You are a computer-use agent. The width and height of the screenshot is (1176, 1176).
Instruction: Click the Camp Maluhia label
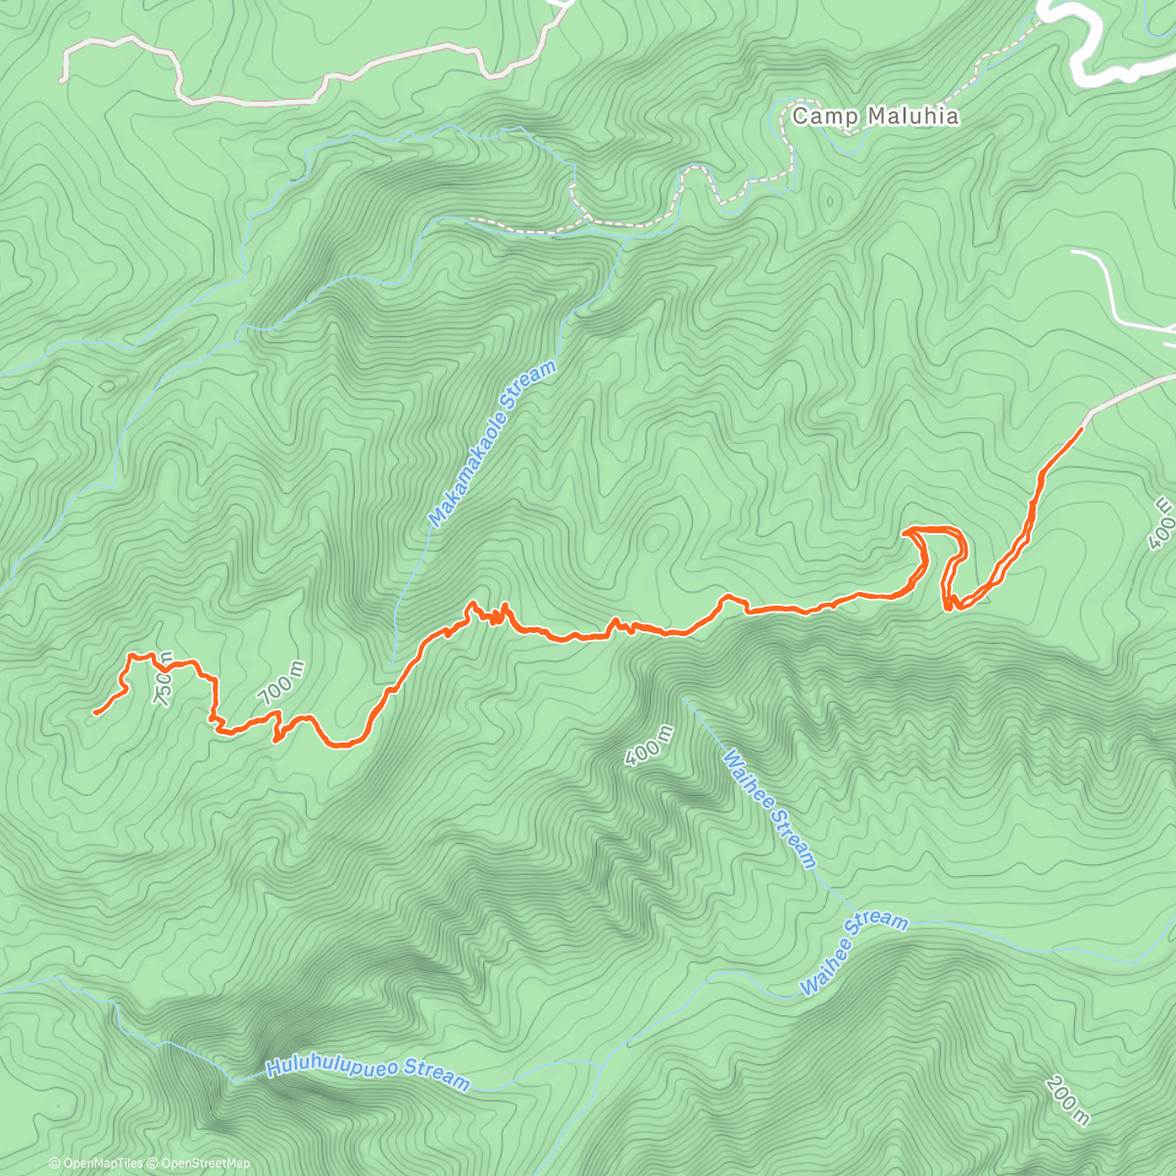pos(874,117)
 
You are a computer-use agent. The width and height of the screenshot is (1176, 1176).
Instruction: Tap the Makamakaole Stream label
pos(493,444)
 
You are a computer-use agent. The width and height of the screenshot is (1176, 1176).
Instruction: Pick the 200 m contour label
pos(1067,1100)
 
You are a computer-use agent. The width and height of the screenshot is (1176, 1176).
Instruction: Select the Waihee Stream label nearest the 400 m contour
pos(769,809)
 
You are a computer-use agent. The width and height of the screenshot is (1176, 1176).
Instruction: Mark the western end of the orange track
pos(94,713)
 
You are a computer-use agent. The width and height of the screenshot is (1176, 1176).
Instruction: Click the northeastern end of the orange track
pos(1082,428)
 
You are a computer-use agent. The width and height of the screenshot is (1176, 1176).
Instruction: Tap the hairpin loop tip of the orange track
pos(906,531)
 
